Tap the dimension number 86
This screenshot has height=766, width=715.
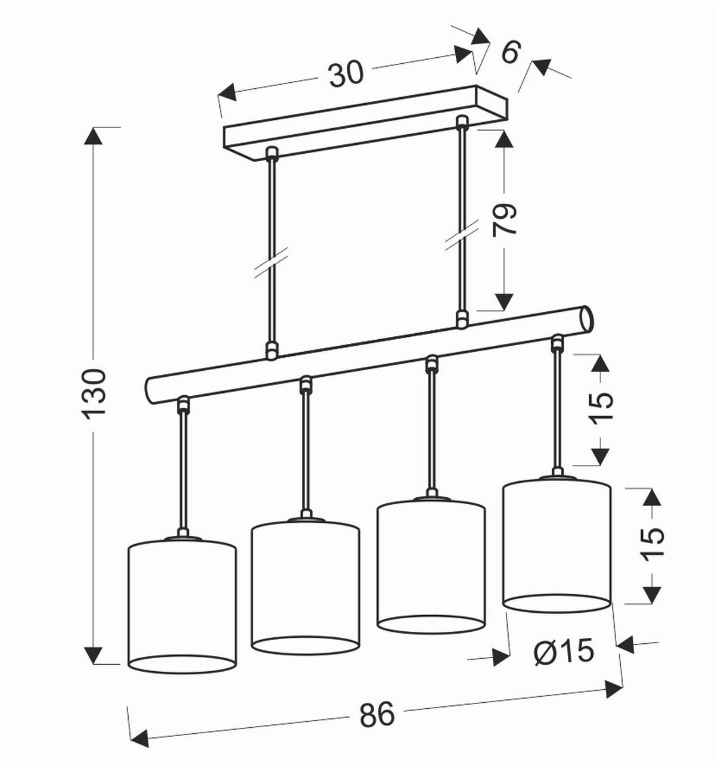click(x=378, y=713)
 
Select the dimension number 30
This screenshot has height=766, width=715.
click(x=346, y=75)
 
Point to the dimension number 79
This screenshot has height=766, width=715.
click(x=503, y=219)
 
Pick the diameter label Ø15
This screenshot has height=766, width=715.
click(x=564, y=652)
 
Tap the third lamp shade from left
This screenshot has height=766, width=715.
click(x=431, y=565)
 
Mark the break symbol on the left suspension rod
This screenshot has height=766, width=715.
click(x=271, y=263)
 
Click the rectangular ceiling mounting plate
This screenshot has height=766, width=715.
click(x=366, y=123)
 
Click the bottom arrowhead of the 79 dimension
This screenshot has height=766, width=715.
click(x=503, y=302)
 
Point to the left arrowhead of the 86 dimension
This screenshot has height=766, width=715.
click(x=139, y=737)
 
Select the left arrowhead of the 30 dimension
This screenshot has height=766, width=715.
click(x=227, y=92)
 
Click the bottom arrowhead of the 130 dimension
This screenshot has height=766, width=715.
click(x=94, y=655)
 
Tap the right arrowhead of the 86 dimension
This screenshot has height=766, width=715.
click(x=614, y=689)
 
